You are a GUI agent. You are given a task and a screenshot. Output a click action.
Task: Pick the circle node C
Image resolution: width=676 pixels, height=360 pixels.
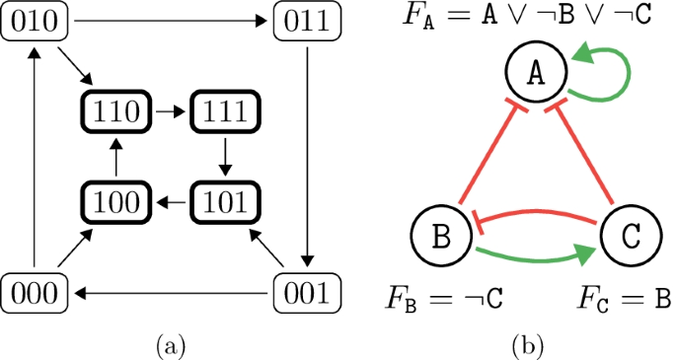(x=628, y=236)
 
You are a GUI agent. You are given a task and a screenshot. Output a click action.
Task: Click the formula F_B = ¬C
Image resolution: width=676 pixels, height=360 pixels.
(x=434, y=297)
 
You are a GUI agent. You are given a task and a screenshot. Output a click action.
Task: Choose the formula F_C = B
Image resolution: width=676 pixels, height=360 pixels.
(x=622, y=297)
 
